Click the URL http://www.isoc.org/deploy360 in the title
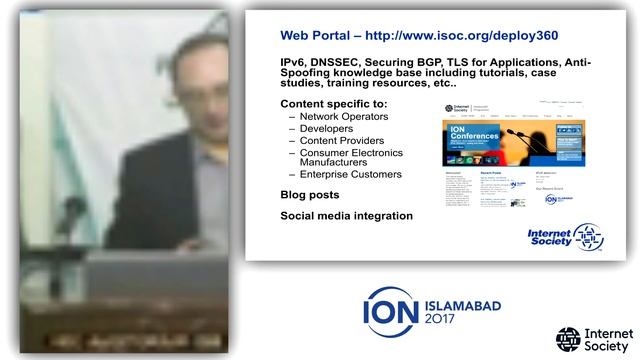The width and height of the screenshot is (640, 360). tap(476, 35)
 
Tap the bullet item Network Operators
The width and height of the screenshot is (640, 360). tap(344, 117)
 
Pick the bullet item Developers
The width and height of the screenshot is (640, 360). tap(329, 129)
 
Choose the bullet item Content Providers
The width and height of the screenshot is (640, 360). tap(342, 141)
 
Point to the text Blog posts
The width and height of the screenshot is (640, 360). tap(310, 195)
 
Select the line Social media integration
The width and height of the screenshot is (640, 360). tap(346, 215)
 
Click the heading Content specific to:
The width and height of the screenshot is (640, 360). tap(334, 104)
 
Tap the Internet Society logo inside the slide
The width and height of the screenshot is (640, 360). tap(566, 236)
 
